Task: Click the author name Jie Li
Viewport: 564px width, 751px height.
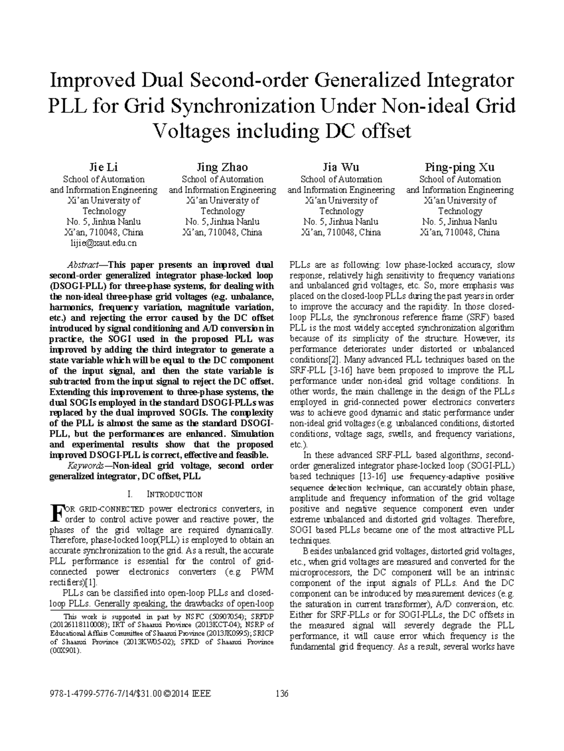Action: pos(103,167)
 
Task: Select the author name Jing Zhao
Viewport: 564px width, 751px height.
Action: pos(222,167)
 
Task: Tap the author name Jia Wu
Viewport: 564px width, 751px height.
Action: pos(341,167)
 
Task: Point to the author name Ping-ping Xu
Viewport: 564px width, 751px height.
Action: pos(460,167)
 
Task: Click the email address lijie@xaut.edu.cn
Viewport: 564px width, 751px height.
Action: pos(103,243)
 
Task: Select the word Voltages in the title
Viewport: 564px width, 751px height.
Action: pos(195,131)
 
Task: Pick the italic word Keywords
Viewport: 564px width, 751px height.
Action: pos(86,466)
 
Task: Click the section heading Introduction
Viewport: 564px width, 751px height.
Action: pos(175,494)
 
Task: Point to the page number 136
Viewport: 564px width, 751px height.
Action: pos(282,694)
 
